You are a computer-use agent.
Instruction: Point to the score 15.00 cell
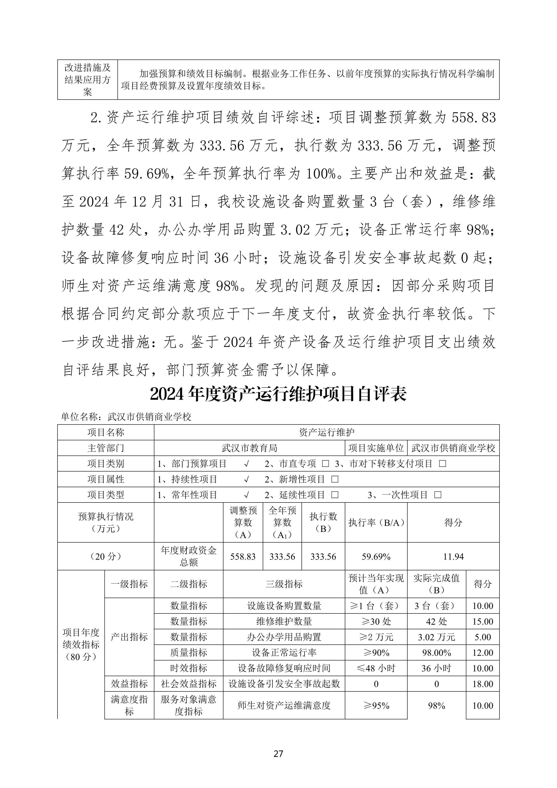click(x=482, y=622)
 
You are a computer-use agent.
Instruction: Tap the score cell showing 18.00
click(x=482, y=684)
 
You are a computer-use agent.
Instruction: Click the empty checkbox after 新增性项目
click(x=335, y=479)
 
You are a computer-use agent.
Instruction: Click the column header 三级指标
click(x=284, y=584)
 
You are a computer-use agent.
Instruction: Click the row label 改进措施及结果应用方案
click(x=88, y=80)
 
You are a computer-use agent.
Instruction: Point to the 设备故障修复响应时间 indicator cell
click(x=284, y=668)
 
